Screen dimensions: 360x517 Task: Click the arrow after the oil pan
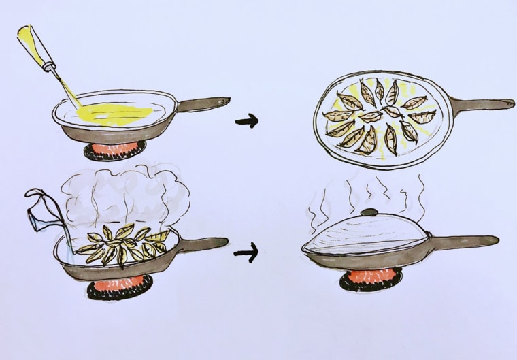(x=246, y=122)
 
